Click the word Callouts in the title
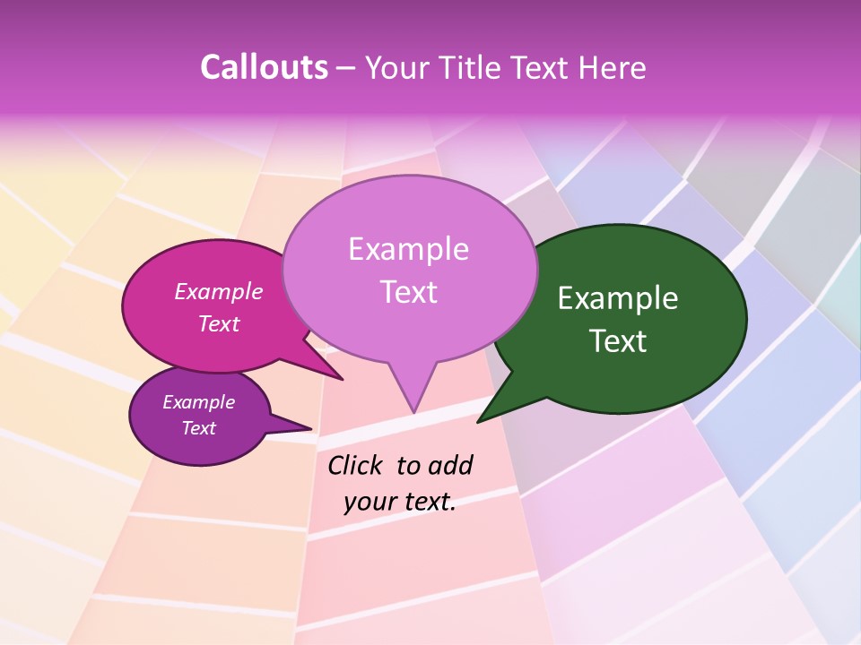(x=265, y=68)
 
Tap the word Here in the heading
(x=610, y=68)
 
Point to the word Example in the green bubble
(x=618, y=298)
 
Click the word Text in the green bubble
(x=618, y=341)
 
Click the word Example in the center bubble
(x=408, y=249)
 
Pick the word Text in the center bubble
(x=408, y=292)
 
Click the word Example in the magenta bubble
(x=219, y=292)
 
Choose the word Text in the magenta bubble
(x=219, y=323)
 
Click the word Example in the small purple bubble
(x=198, y=402)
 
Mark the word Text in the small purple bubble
(x=198, y=428)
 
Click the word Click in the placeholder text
(x=356, y=465)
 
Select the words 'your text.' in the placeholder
(x=400, y=502)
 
